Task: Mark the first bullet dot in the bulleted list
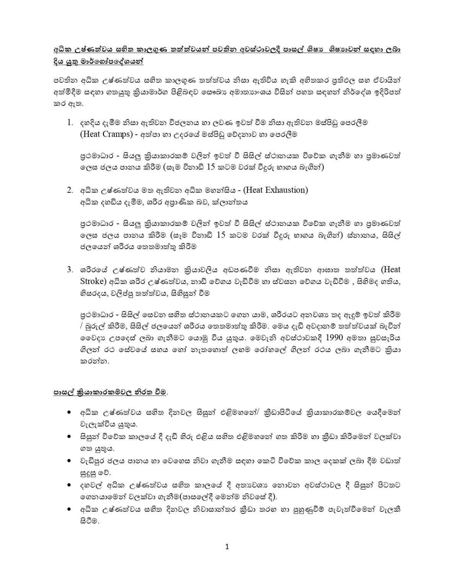click(x=69, y=412)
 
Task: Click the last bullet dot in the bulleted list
click(x=69, y=509)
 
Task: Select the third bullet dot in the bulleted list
click(x=69, y=461)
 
